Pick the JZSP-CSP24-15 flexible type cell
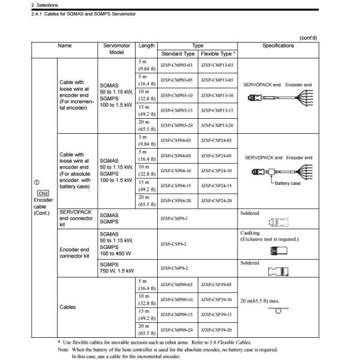click(x=217, y=185)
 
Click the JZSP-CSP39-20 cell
click(x=217, y=329)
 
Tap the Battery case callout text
click(x=287, y=183)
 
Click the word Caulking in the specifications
click(x=250, y=232)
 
